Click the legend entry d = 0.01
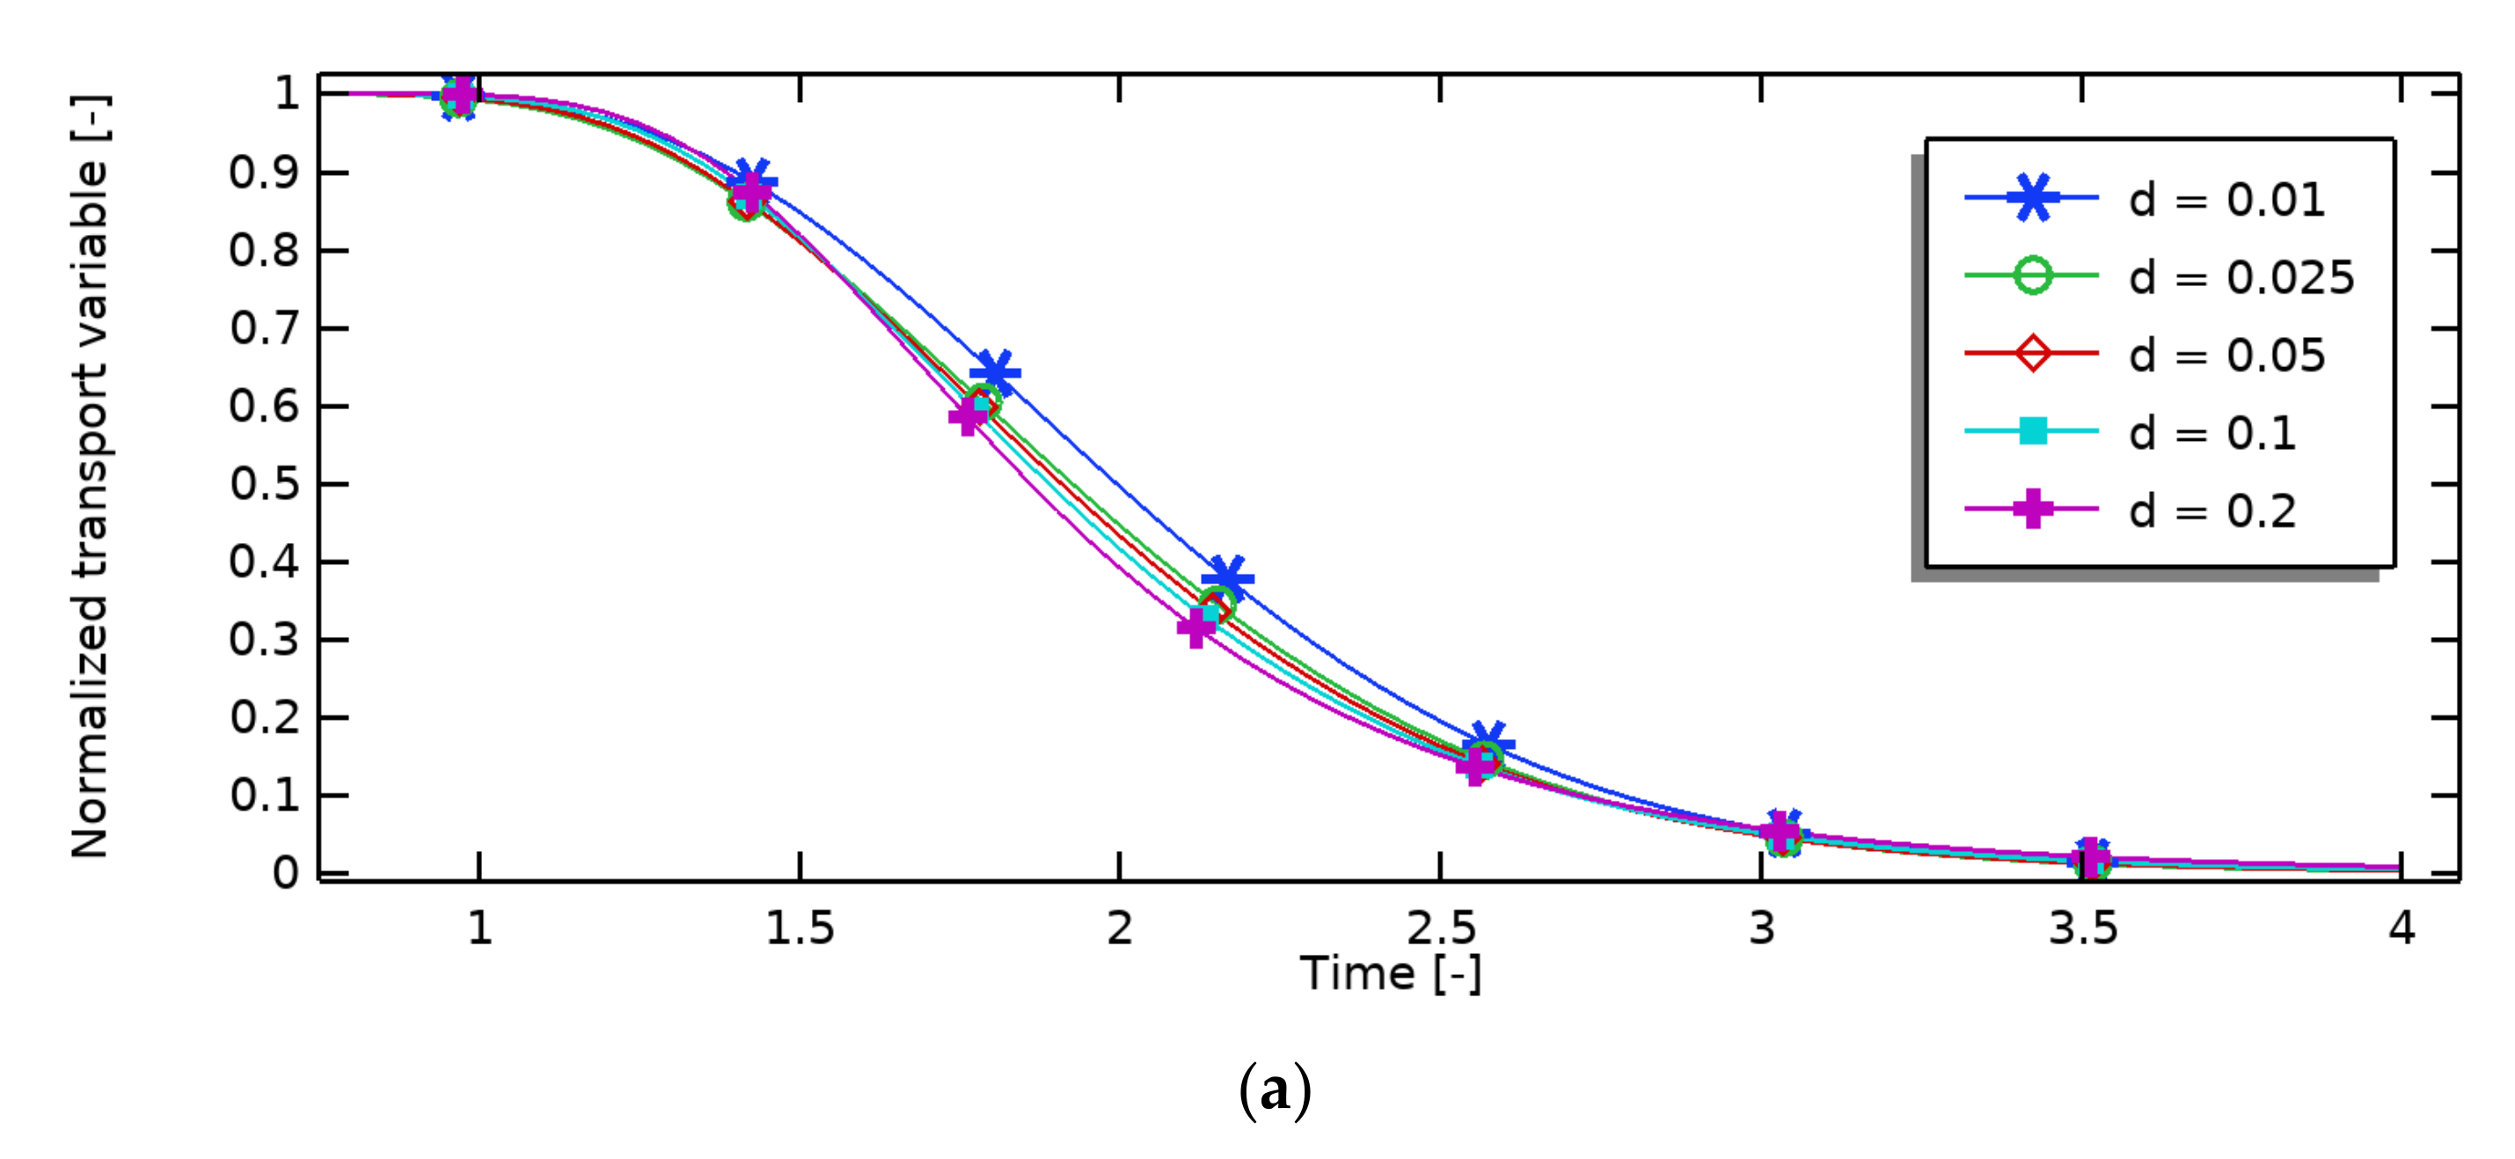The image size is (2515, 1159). tap(2226, 200)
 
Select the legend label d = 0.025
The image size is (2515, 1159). tap(2241, 278)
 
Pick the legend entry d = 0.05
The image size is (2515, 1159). tap(2226, 356)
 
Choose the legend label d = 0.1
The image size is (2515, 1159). tap(2212, 433)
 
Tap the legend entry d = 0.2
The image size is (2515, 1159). tap(2212, 510)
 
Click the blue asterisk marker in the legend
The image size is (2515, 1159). tap(2033, 198)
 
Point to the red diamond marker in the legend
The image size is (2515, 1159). tap(2033, 353)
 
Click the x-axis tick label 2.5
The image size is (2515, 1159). tap(1441, 928)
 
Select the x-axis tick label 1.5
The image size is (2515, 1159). tap(800, 928)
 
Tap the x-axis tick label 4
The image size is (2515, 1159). tap(2402, 928)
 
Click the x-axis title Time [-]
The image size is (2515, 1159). tap(1390, 974)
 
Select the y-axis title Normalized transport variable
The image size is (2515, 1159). tap(90, 476)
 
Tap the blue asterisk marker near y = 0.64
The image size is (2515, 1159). tap(996, 373)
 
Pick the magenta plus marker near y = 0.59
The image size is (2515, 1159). tap(968, 417)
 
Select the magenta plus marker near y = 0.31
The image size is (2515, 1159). tap(1196, 627)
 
